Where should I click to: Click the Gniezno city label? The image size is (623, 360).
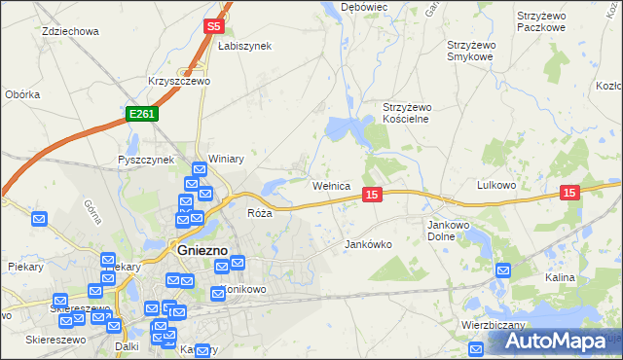[x=202, y=250]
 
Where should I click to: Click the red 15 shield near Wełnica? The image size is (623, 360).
[x=372, y=196]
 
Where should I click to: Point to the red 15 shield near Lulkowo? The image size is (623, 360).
[x=569, y=194]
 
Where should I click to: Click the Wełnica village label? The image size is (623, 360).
[x=330, y=185]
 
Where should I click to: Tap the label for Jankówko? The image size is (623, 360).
[x=368, y=244]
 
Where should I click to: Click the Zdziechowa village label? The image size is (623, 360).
[x=71, y=31]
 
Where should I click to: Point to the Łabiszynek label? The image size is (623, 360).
[x=244, y=46]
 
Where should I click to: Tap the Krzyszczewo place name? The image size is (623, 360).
[x=179, y=82]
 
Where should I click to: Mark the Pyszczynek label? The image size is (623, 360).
[x=145, y=160]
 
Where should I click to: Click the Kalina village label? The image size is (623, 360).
[x=560, y=277]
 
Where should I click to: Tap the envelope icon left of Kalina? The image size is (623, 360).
[x=503, y=270]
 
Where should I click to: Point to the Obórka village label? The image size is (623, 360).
[x=22, y=94]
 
